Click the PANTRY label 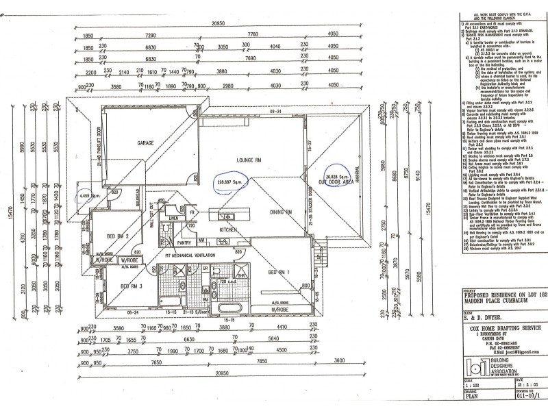(x=184, y=262)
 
